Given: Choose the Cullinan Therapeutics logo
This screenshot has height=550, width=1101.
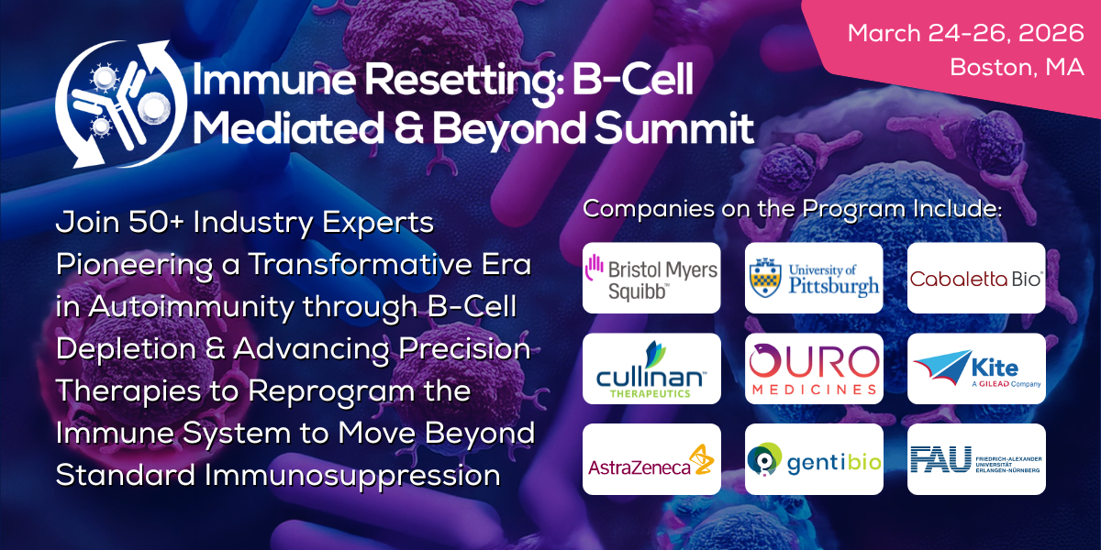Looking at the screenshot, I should pos(651,369).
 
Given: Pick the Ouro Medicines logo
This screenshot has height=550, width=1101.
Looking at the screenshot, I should pos(814,369).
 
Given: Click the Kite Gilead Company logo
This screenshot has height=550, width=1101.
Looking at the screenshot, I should pos(976,369).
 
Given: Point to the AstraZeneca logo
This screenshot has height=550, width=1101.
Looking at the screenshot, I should pos(651,459).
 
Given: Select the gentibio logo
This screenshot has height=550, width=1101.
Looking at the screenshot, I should pos(814,459).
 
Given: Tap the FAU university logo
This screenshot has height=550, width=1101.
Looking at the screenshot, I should pos(976,459).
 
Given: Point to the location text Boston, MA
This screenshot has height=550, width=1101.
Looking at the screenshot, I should pos(1017,68).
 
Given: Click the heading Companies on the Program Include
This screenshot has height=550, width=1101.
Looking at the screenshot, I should pos(792,209).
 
